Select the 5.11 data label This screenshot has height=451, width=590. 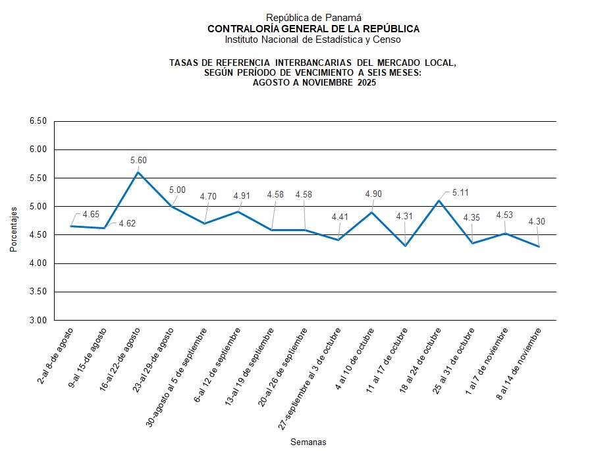(x=461, y=193)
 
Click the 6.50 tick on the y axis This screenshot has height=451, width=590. (x=38, y=121)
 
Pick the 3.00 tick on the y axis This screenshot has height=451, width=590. (x=38, y=320)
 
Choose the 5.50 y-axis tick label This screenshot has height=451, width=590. (x=38, y=178)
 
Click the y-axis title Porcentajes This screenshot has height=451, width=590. (x=13, y=228)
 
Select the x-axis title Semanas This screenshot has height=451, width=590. (x=308, y=442)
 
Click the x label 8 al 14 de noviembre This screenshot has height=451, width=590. (x=520, y=363)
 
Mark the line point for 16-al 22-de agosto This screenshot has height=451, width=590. (x=138, y=172)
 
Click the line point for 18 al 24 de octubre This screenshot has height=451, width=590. (x=439, y=200)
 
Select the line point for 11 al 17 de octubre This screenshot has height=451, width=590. (x=406, y=246)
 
